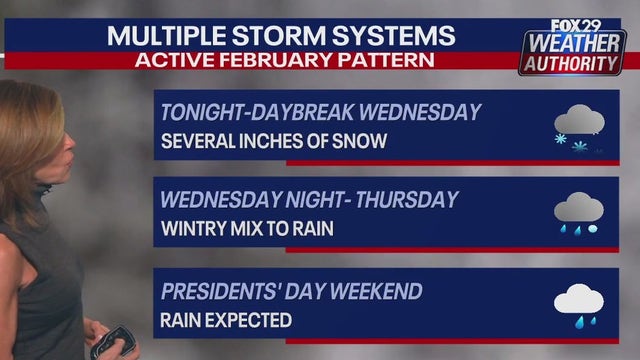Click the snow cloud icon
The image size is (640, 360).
point(579,130)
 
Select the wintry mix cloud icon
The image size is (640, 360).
point(579,216)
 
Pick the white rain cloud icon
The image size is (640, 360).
point(579,302)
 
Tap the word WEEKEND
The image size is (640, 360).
point(377,291)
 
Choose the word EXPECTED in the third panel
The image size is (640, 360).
point(249,321)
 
